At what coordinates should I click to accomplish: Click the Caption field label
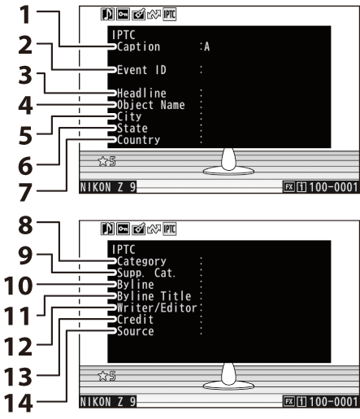[138, 47]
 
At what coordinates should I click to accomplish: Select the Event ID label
[141, 70]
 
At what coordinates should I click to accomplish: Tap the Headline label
[141, 94]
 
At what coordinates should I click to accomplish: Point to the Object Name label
[151, 105]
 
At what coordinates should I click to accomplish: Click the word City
[129, 116]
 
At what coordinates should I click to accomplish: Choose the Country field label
[138, 140]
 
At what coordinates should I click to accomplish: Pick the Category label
[141, 261]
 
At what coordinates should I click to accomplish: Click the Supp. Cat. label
[146, 273]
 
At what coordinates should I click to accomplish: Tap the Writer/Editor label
[157, 308]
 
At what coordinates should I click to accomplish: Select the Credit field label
[135, 320]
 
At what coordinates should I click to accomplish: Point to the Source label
[136, 331]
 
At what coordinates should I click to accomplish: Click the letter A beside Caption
[206, 47]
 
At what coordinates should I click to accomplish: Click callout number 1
[25, 15]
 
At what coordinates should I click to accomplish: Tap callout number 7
[25, 193]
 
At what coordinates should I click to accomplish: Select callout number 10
[18, 286]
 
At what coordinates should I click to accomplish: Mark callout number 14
[18, 404]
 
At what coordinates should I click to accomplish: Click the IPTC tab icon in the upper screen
[170, 15]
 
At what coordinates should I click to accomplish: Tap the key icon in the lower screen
[123, 229]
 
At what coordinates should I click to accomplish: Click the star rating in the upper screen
[106, 161]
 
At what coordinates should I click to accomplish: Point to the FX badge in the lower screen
[289, 401]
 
